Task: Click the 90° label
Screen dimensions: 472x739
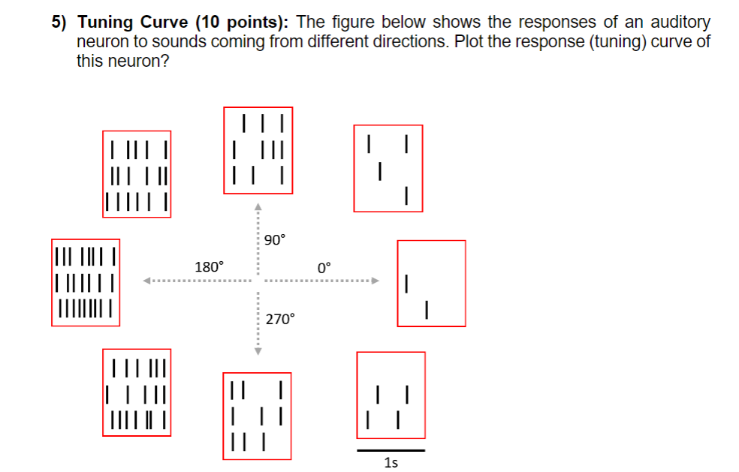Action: pyautogui.click(x=276, y=240)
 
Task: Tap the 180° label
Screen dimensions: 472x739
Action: pyautogui.click(x=209, y=266)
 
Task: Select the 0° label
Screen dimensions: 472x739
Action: pyautogui.click(x=324, y=267)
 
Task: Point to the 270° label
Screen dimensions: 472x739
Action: pyautogui.click(x=281, y=320)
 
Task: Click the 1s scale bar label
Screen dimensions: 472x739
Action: pyautogui.click(x=391, y=463)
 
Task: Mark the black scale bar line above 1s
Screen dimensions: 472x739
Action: pyautogui.click(x=391, y=450)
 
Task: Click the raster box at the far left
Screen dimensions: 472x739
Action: pyautogui.click(x=86, y=283)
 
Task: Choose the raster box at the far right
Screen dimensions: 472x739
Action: pyautogui.click(x=431, y=283)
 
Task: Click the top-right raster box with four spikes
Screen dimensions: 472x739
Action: pyautogui.click(x=388, y=168)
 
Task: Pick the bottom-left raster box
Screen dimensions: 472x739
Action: pyautogui.click(x=137, y=392)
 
